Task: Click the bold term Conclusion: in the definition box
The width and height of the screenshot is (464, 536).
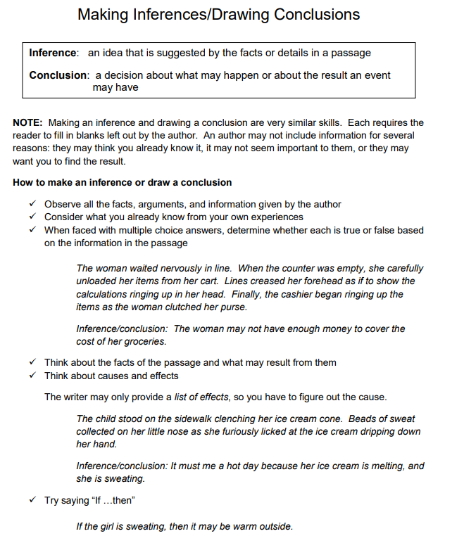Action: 59,75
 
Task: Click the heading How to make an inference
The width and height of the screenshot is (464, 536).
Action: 122,182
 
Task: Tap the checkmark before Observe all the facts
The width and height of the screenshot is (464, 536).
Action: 32,204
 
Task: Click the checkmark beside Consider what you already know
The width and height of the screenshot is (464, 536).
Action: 32,217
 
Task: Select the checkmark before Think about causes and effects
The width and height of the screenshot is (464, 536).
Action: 32,376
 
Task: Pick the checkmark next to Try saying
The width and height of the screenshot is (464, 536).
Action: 32,501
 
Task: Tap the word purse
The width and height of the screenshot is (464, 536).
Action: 233,307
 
